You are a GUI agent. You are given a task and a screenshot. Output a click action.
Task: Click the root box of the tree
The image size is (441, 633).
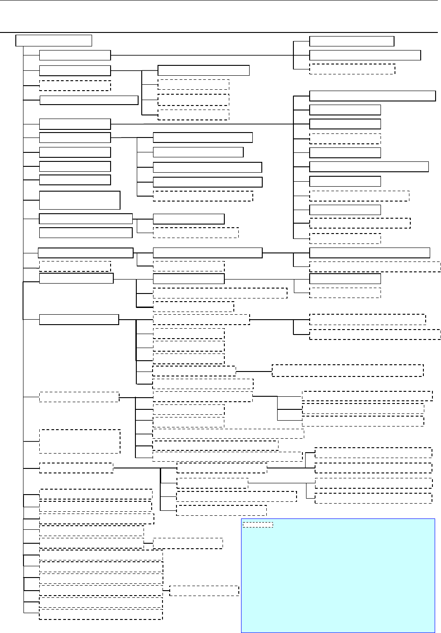54,41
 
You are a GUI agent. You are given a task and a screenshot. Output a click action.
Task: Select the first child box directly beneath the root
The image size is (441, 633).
75,55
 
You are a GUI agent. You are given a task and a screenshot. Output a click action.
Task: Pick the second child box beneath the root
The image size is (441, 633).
75,71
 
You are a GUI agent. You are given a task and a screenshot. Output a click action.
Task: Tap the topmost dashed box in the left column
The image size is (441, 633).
75,86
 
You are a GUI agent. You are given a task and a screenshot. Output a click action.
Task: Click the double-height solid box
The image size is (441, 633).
79,200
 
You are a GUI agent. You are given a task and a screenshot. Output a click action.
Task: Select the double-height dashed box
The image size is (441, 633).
79,441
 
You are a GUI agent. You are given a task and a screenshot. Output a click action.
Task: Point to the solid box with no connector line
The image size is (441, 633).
86,233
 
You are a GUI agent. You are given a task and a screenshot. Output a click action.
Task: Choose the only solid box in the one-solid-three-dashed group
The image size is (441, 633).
204,70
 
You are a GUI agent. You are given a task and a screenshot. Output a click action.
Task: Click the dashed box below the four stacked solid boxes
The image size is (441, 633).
203,196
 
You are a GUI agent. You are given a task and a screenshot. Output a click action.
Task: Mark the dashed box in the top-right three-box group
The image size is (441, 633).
352,69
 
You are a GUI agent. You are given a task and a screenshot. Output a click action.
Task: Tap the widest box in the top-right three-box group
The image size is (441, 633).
365,55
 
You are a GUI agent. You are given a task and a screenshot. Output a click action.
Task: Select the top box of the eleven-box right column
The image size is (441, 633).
372,96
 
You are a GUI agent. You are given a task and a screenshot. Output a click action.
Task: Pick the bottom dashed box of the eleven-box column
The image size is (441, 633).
345,239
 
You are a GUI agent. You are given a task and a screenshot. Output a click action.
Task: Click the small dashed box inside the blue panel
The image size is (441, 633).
258,525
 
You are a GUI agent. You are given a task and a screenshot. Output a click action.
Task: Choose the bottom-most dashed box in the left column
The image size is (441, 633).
101,614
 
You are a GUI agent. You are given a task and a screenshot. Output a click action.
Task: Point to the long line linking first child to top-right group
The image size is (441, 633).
202,55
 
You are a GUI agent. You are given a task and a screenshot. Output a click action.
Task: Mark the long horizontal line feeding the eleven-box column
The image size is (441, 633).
202,124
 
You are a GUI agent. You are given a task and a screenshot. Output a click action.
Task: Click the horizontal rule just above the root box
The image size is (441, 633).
220,32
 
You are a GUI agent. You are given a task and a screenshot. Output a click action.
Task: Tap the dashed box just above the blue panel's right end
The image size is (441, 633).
373,498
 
